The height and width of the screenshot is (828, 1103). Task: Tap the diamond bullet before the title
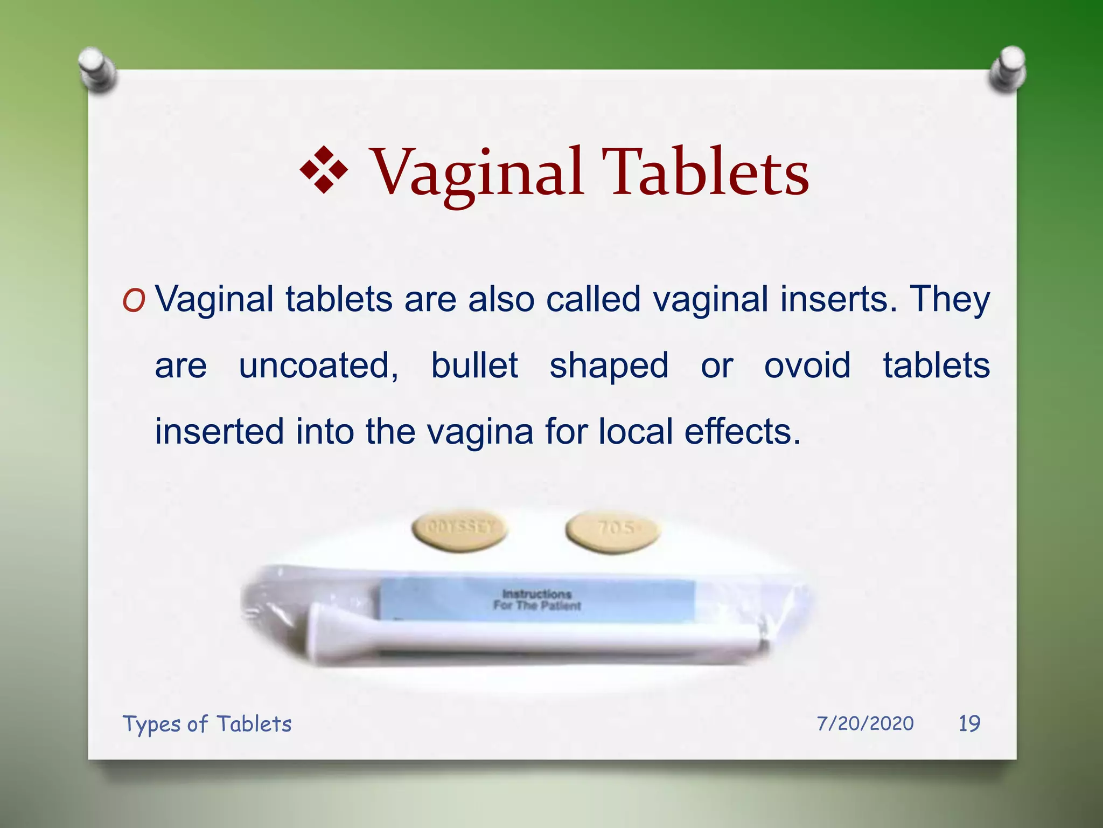pyautogui.click(x=324, y=170)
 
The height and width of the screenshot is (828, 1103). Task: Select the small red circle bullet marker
pyautogui.click(x=134, y=301)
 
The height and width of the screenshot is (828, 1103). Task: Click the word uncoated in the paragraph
pyautogui.click(x=318, y=365)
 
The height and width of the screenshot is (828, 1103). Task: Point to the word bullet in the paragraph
pyautogui.click(x=474, y=365)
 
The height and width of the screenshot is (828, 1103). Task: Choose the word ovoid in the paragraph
pyautogui.click(x=807, y=365)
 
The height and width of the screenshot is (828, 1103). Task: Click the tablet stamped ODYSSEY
pyautogui.click(x=459, y=530)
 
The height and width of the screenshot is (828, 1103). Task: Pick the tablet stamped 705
pyautogui.click(x=613, y=530)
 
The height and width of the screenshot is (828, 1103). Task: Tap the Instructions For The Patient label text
pyautogui.click(x=537, y=599)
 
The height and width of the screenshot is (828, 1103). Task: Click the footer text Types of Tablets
pyautogui.click(x=207, y=724)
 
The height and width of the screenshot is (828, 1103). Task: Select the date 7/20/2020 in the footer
pyautogui.click(x=865, y=723)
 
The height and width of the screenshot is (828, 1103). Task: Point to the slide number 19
pyautogui.click(x=969, y=723)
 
